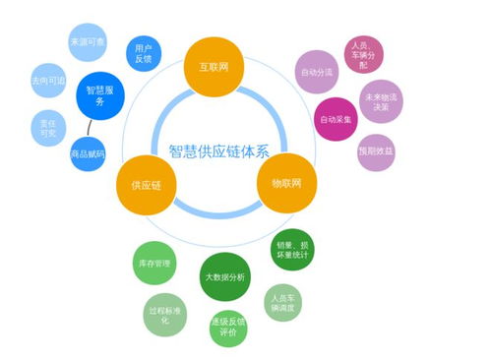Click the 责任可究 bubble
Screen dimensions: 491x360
click(47, 126)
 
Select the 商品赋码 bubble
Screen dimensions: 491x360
click(88, 155)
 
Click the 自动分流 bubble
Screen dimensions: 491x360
click(316, 72)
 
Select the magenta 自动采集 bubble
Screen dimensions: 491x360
click(335, 120)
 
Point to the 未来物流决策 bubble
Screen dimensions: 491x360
click(377, 102)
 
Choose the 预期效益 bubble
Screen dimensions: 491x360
click(376, 151)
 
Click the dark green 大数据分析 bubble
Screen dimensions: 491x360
click(223, 277)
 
